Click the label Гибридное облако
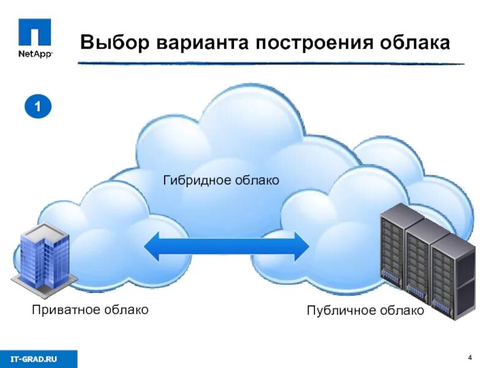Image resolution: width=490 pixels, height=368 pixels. pyautogui.click(x=221, y=180)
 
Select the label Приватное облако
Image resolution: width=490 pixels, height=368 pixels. pyautogui.click(x=90, y=310)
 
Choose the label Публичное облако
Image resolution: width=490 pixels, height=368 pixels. pyautogui.click(x=365, y=312)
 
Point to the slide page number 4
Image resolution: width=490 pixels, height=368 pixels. pyautogui.click(x=469, y=358)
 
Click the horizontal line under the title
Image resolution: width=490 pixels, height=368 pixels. pyautogui.click(x=269, y=63)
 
